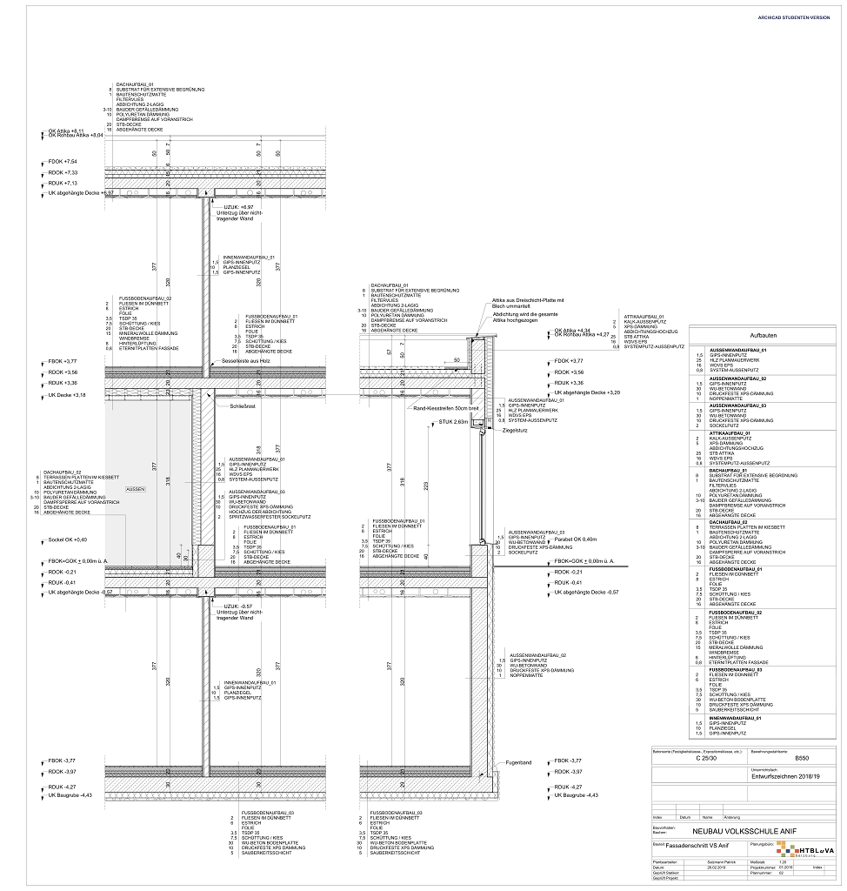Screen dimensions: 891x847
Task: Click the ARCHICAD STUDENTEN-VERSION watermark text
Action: [x=794, y=17]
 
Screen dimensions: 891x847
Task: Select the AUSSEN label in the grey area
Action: [x=135, y=490]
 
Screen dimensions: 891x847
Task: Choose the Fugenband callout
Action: [x=520, y=763]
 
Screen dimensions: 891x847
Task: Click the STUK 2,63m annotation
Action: [x=454, y=421]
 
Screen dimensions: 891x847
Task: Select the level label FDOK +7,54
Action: [x=63, y=162]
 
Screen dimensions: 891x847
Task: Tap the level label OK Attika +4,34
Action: [x=574, y=330]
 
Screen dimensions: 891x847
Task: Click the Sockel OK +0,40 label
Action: [x=67, y=539]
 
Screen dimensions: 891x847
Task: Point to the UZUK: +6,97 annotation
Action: [x=237, y=207]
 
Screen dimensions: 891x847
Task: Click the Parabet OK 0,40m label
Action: [x=578, y=539]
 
